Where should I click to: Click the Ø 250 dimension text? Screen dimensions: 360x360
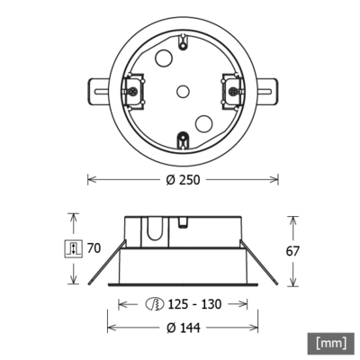pos(182,179)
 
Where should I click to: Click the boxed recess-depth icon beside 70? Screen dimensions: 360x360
pos(75,249)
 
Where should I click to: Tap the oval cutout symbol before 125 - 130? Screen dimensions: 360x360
pos(155,304)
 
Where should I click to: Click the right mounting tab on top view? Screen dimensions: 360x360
pos(267,90)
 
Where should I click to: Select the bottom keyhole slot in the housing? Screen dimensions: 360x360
pos(182,139)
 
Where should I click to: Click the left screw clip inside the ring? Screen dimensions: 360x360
pos(132,90)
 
